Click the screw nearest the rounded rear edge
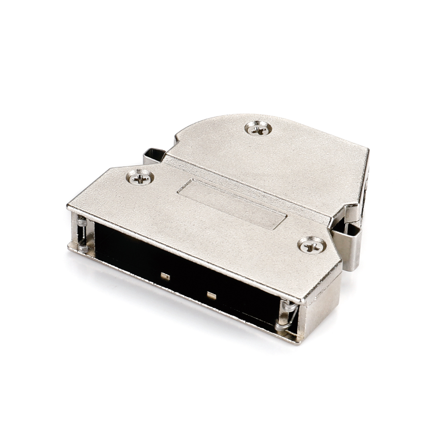click(258, 128)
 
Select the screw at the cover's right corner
click(312, 246)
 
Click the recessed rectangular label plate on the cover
click(232, 204)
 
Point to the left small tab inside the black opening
click(165, 276)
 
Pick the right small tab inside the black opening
click(211, 295)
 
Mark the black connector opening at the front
click(183, 272)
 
